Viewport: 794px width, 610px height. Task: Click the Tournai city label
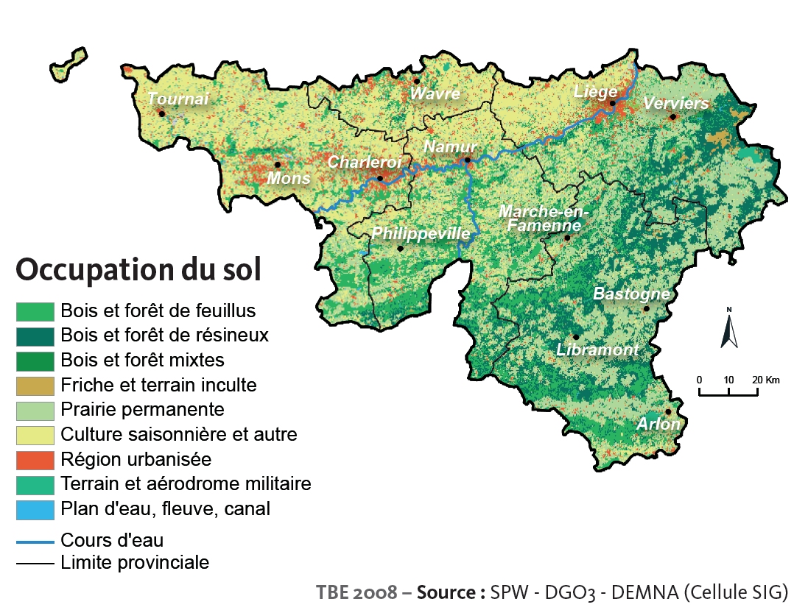click(x=178, y=99)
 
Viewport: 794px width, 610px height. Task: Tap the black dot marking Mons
click(x=278, y=165)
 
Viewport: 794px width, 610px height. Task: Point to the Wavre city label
click(x=435, y=93)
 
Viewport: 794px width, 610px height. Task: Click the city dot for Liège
click(x=612, y=104)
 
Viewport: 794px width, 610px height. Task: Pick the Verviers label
click(x=675, y=103)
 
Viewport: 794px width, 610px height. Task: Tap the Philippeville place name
click(x=421, y=233)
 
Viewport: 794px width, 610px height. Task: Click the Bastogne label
click(x=632, y=294)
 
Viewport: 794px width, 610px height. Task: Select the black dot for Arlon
click(x=668, y=412)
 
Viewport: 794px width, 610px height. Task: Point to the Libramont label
click(x=598, y=350)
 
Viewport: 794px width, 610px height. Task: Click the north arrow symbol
click(x=729, y=329)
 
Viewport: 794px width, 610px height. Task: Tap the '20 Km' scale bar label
click(x=766, y=380)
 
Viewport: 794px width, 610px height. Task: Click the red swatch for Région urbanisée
click(x=35, y=460)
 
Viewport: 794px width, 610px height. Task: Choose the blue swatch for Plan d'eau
click(x=35, y=509)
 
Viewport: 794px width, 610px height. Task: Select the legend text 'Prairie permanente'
click(x=143, y=409)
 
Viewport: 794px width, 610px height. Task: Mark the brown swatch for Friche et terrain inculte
click(x=35, y=385)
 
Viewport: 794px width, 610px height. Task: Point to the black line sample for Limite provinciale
click(x=35, y=564)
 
